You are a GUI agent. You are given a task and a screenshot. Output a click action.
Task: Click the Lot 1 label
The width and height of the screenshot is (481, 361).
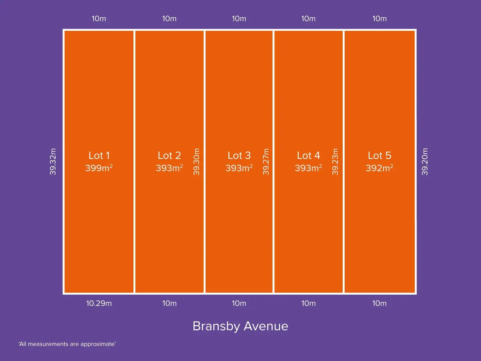pyautogui.click(x=99, y=155)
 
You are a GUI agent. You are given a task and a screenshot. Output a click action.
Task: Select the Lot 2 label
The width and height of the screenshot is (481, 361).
pyautogui.click(x=169, y=155)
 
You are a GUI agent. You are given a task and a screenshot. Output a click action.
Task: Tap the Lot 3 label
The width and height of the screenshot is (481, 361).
pyautogui.click(x=239, y=155)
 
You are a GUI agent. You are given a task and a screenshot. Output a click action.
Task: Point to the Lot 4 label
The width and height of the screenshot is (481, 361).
pyautogui.click(x=308, y=155)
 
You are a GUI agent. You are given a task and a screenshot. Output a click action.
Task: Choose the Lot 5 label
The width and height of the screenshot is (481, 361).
pyautogui.click(x=379, y=155)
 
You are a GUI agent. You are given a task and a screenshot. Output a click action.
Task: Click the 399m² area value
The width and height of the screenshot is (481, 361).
pyautogui.click(x=99, y=168)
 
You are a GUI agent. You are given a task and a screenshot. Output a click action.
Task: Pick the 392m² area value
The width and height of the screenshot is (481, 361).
pyautogui.click(x=379, y=168)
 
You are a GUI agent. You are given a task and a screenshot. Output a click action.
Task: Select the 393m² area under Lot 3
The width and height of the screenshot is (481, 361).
pyautogui.click(x=239, y=168)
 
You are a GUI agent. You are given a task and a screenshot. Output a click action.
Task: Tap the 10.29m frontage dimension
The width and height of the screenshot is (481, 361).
pyautogui.click(x=99, y=303)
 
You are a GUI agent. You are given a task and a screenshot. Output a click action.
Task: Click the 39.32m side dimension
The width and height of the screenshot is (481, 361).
pyautogui.click(x=53, y=162)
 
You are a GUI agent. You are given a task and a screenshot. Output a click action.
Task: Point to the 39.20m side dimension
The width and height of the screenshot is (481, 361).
pyautogui.click(x=425, y=162)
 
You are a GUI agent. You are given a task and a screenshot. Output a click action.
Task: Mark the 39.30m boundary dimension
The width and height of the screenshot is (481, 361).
pyautogui.click(x=196, y=162)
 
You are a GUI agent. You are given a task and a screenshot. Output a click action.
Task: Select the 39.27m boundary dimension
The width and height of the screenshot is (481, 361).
pyautogui.click(x=266, y=162)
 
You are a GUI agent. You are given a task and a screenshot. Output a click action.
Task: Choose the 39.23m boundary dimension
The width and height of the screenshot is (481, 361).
pyautogui.click(x=335, y=162)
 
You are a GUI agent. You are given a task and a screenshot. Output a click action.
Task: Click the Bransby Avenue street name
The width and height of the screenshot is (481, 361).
pyautogui.click(x=241, y=326)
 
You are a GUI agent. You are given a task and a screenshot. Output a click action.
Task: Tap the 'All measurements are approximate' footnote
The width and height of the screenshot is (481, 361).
pyautogui.click(x=67, y=344)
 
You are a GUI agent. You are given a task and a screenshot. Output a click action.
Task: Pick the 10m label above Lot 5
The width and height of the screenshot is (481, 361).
pyautogui.click(x=379, y=19)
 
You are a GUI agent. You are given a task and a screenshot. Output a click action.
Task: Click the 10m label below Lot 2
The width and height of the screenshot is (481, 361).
pyautogui.click(x=169, y=303)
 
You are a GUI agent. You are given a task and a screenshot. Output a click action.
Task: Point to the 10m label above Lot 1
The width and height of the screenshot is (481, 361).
pyautogui.click(x=99, y=19)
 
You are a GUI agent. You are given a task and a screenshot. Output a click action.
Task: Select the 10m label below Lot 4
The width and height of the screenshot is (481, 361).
pyautogui.click(x=308, y=303)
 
